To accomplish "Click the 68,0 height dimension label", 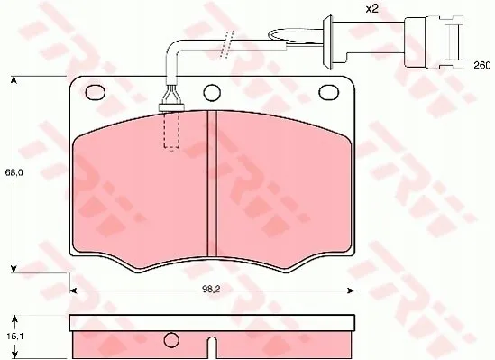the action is [14, 172].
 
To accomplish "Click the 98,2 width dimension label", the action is [211, 291].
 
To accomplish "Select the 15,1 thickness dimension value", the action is [14, 337].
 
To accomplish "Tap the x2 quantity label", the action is [371, 8].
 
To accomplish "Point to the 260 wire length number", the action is [482, 65].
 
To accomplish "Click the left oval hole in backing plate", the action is [95, 93].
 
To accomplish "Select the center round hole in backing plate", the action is [212, 93].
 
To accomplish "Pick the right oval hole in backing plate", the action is [328, 93].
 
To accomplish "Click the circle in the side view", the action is [171, 340].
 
